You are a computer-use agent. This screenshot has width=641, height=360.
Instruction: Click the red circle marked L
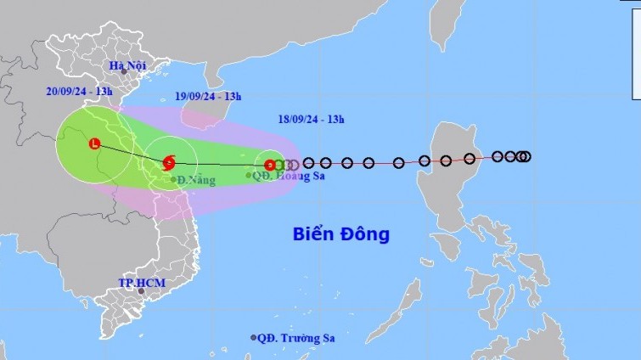pos(94,143)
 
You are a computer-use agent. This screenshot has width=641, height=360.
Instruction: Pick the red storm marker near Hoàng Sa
pos(270,165)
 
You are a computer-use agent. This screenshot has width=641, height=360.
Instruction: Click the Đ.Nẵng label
pos(198,180)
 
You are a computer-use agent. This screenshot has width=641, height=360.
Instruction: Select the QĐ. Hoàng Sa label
pos(290,176)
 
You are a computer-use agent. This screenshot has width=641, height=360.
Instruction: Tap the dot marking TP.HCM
pos(143,292)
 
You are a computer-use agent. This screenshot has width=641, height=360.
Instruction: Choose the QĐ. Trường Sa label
pos(297,338)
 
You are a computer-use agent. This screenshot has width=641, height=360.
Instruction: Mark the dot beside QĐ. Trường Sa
pos(253,337)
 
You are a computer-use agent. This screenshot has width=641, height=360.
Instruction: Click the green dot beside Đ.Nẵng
pos(173,179)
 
